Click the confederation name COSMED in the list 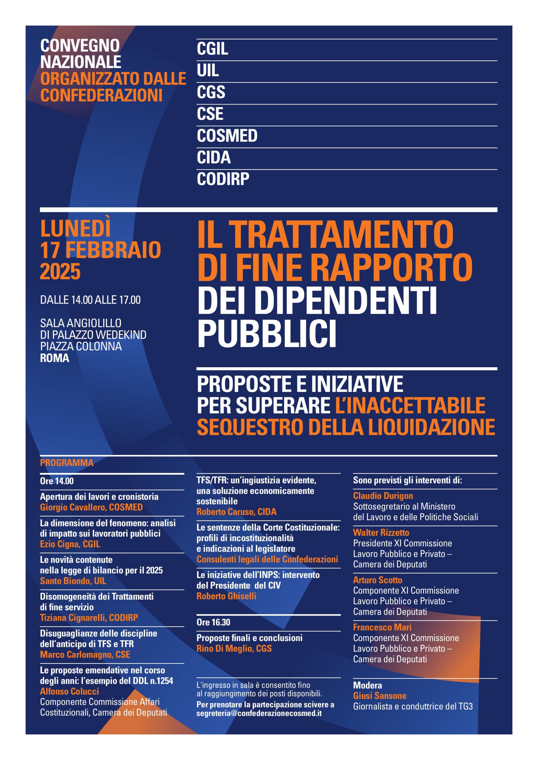tap(227, 136)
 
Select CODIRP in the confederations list tap(223, 179)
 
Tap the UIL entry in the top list tap(208, 70)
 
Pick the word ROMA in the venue tap(55, 358)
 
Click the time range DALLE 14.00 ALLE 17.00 tap(90, 300)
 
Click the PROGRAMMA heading tap(67, 463)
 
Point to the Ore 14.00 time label tap(57, 481)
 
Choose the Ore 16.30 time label tap(213, 622)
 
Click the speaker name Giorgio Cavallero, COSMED tap(91, 507)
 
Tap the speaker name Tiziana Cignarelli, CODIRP tap(89, 618)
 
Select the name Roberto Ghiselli tap(226, 596)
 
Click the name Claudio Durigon tap(383, 496)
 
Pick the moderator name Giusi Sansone tap(380, 696)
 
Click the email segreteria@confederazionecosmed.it tap(259, 713)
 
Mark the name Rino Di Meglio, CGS tap(234, 648)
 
